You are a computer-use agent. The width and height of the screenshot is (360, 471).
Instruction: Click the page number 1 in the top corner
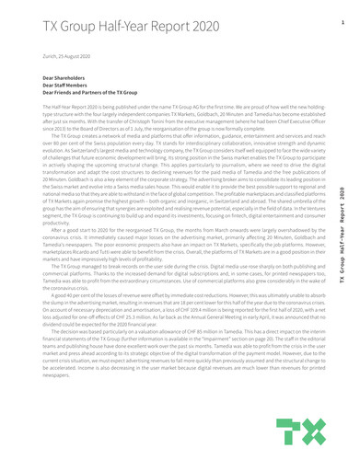(x=342, y=20)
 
